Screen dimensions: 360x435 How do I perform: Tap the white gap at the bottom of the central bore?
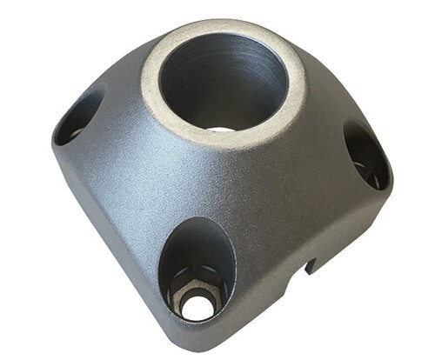coord(221,129)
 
